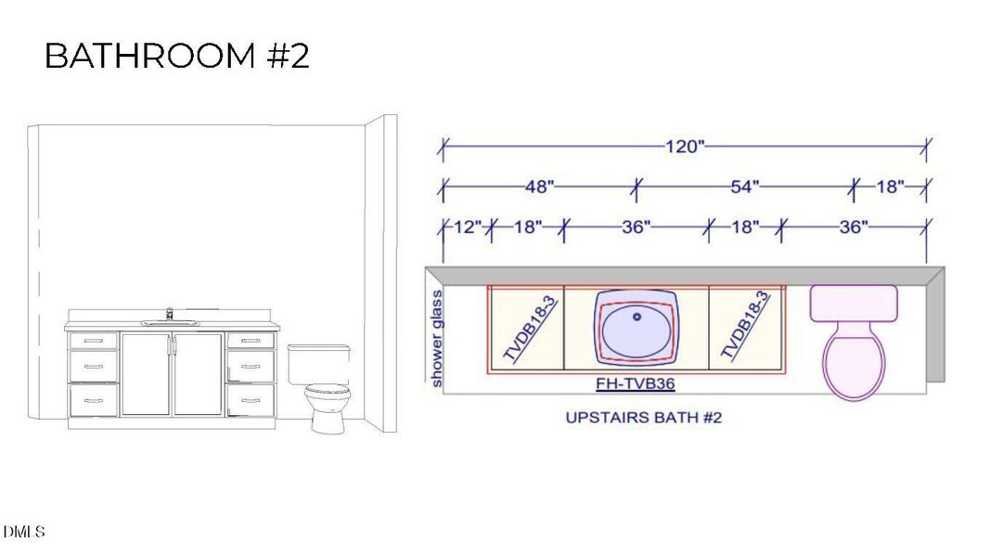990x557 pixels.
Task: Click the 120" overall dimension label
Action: (x=685, y=147)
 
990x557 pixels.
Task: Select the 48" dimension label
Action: (x=539, y=187)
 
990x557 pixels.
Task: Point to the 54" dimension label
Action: (x=744, y=187)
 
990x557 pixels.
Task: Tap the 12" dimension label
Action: (x=467, y=227)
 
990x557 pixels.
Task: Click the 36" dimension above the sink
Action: (x=636, y=227)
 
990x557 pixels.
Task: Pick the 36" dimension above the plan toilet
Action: (x=853, y=227)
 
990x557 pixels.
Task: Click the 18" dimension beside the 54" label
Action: (x=889, y=187)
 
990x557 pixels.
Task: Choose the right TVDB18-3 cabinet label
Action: (x=745, y=326)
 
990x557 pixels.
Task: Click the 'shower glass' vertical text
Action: (x=437, y=338)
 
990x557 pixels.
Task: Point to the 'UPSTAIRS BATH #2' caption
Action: (x=643, y=418)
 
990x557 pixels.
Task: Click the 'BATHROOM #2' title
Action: (x=176, y=57)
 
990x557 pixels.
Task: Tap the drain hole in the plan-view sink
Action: (x=636, y=317)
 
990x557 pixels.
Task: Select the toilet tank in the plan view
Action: (x=854, y=303)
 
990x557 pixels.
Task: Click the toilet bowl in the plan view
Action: (x=855, y=364)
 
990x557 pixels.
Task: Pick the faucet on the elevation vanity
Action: (x=169, y=314)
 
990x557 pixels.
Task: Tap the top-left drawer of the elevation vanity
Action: (x=94, y=341)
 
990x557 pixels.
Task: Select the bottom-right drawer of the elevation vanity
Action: (x=251, y=400)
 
